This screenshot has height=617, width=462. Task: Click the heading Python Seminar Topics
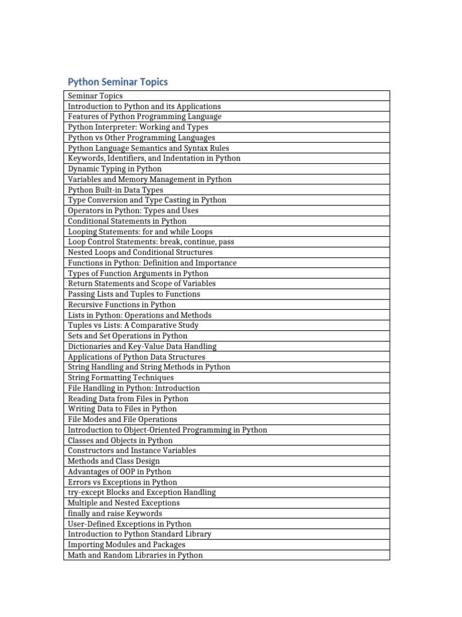coord(118,82)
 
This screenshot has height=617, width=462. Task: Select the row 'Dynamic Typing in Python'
coord(115,169)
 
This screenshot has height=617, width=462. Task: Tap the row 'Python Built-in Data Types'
coord(115,190)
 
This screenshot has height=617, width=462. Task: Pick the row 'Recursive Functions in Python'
coord(122,304)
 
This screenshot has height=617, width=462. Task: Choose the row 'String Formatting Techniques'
coord(121,377)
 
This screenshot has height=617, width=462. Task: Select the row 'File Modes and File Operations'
coord(123,419)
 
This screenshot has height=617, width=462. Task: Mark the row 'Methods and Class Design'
coord(114,461)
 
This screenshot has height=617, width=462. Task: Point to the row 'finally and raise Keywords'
coord(115,513)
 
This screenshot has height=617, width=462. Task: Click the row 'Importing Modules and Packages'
coord(127,545)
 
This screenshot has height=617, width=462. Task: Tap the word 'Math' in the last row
coord(77,555)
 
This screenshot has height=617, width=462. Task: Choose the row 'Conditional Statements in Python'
coord(128,221)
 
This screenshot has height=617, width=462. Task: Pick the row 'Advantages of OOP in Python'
coord(120,472)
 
